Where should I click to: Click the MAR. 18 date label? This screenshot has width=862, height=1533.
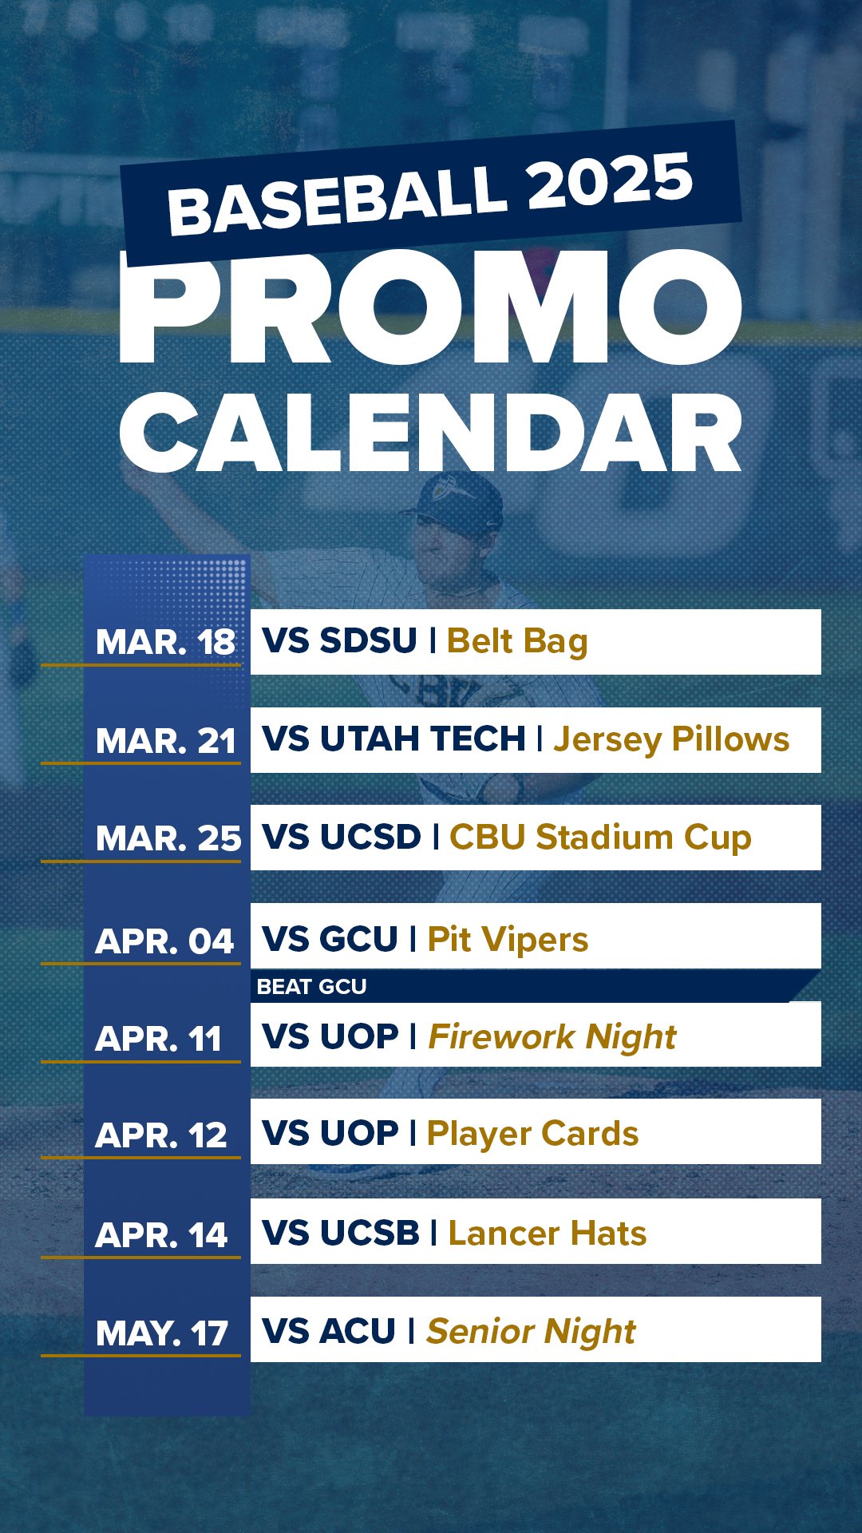point(165,643)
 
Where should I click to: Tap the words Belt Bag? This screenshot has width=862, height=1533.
point(517,642)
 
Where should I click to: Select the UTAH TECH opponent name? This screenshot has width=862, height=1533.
point(422,739)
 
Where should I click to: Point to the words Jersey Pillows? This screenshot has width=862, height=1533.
point(671,740)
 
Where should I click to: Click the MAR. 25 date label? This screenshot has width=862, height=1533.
point(168,839)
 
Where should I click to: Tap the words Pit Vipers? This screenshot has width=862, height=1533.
point(508,940)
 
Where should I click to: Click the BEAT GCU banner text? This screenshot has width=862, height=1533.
point(311,987)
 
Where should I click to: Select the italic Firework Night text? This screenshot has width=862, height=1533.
point(552,1037)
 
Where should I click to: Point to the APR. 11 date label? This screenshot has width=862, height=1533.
point(158,1040)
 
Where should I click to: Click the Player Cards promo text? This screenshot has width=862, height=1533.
point(532,1134)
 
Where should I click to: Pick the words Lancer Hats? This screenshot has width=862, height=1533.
point(547,1234)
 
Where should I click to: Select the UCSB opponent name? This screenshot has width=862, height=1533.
point(370,1234)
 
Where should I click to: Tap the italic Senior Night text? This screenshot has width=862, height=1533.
point(531,1332)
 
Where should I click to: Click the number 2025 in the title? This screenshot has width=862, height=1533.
point(610,184)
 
